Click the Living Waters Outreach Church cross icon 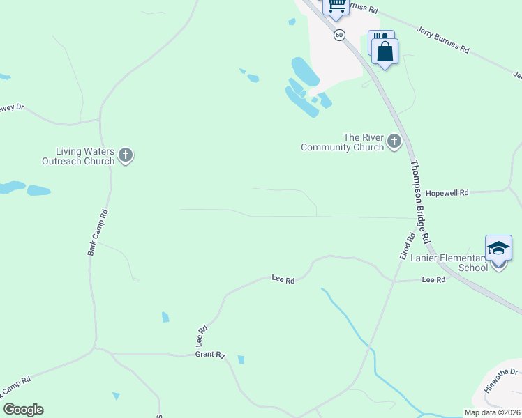[126, 155]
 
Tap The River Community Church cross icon [394, 142]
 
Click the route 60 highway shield [339, 35]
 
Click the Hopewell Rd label [447, 192]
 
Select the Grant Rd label [209, 355]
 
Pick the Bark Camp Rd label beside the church [98, 232]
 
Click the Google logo [23, 410]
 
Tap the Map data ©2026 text [492, 412]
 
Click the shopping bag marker [385, 51]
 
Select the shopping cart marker [336, 6]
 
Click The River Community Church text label [343, 143]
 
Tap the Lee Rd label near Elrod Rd [433, 279]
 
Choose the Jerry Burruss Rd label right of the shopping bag [443, 40]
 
